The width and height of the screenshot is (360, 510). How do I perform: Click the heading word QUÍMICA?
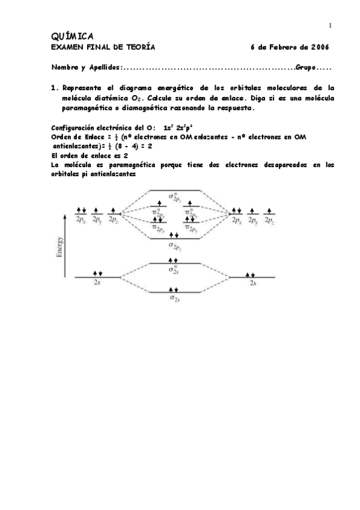72,36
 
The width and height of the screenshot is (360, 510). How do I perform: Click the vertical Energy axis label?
59,247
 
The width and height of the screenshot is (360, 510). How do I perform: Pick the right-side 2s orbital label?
254,281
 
